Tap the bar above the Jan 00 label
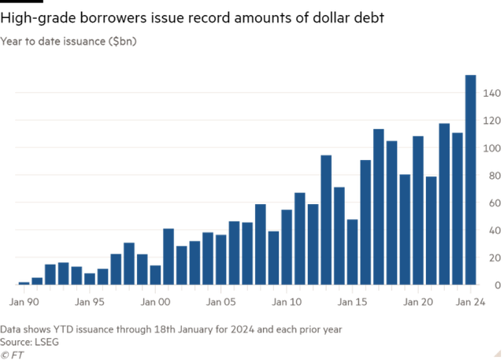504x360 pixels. coord(155,273)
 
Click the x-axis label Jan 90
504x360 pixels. coord(23,301)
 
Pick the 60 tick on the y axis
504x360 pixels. coord(492,202)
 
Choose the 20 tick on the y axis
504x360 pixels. coord(492,257)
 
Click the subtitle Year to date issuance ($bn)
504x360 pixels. coord(69,40)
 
